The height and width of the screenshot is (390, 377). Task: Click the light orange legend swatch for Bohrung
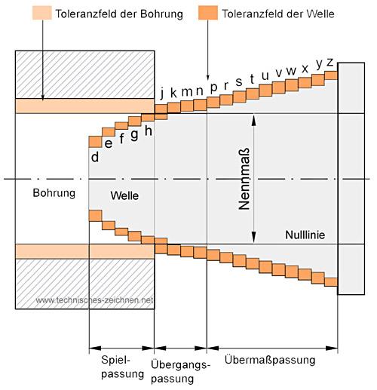[x=42, y=13]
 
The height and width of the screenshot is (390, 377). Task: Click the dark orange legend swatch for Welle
[x=208, y=13]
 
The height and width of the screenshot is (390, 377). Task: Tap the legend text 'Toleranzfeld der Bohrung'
[x=119, y=14]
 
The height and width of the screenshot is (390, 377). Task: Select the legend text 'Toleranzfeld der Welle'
[x=278, y=14]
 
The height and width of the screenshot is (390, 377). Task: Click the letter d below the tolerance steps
[x=95, y=157]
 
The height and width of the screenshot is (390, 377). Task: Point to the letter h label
[x=149, y=131]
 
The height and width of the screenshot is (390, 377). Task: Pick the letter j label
[x=162, y=93]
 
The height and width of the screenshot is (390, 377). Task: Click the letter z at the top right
[x=329, y=62]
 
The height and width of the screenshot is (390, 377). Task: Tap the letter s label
[x=239, y=81]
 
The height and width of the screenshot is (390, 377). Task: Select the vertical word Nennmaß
[x=244, y=179]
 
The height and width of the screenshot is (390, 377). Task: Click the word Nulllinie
[x=305, y=235]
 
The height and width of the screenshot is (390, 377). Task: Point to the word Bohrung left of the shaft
[x=54, y=193]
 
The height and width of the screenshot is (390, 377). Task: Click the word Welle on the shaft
[x=124, y=195]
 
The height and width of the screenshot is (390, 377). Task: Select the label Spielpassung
[x=122, y=367]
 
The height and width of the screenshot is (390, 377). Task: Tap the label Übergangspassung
[x=180, y=371]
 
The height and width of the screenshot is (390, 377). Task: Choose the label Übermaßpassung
[x=270, y=360]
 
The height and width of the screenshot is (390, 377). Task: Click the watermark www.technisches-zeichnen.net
[x=94, y=300]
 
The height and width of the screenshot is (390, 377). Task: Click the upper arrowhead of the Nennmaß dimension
[x=254, y=119]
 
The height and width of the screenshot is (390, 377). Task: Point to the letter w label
[x=291, y=71]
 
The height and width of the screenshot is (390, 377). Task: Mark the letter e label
[x=109, y=144]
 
